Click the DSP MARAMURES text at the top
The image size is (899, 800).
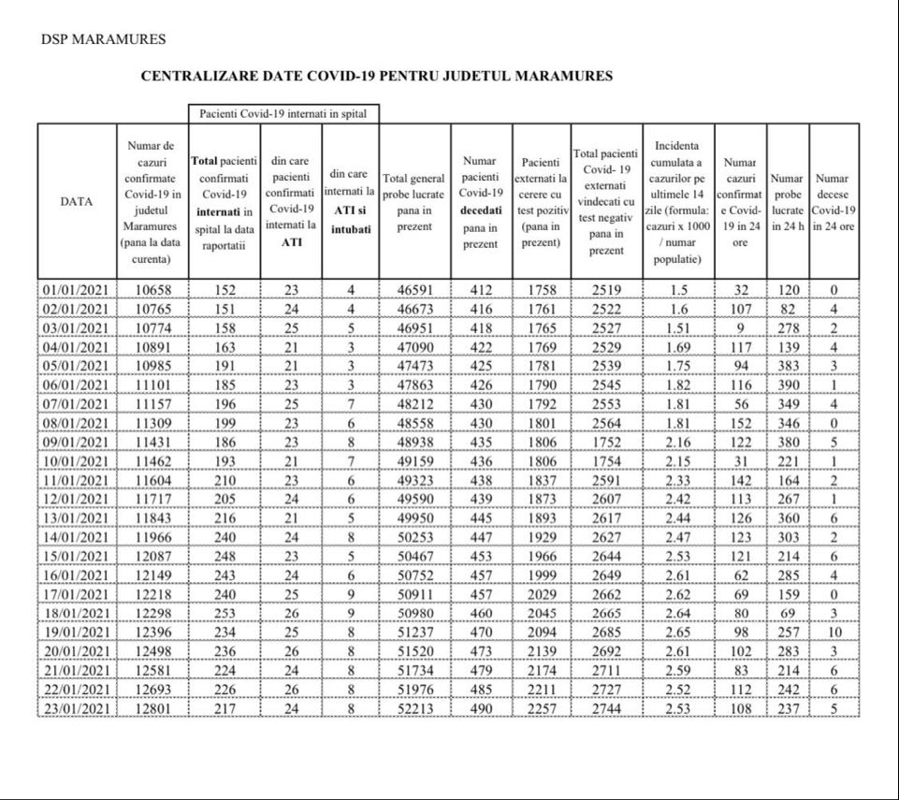104,40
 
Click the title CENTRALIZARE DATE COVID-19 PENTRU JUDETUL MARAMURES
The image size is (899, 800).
376,77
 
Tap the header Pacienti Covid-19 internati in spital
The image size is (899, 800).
283,113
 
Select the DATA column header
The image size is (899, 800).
77,200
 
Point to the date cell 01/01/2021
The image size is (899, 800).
77,290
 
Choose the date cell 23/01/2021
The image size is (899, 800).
77,708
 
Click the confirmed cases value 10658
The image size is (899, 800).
152,290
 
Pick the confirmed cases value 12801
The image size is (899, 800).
152,708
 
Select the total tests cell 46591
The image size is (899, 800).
414,290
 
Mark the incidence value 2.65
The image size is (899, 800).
678,633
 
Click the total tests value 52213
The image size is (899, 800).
414,708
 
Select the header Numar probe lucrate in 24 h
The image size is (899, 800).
788,200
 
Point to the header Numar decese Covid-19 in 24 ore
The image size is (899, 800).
833,200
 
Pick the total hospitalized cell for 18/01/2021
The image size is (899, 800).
224,613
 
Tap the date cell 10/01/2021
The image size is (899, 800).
77,461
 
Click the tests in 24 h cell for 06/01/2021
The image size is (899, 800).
788,385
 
